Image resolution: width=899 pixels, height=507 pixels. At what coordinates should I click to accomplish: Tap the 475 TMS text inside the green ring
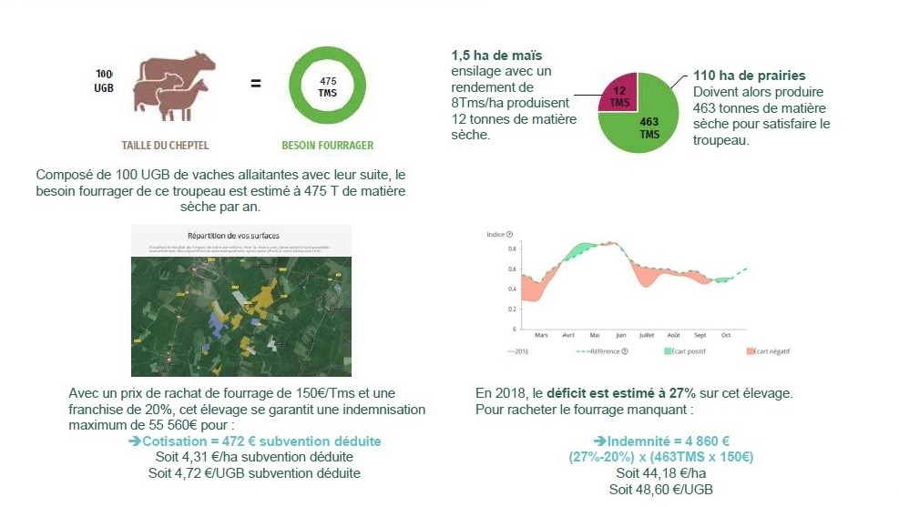point(327,86)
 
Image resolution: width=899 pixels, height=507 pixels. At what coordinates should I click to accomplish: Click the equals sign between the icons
point(256,84)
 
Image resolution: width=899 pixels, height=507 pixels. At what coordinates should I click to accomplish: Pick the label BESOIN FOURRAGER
point(327,145)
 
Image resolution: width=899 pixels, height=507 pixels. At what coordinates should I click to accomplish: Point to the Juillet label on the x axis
point(647,335)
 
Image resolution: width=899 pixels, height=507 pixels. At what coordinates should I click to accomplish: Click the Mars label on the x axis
point(542,335)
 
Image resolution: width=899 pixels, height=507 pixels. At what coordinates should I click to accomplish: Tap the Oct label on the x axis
point(726,335)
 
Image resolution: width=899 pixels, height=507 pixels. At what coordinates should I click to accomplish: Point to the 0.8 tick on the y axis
point(513,248)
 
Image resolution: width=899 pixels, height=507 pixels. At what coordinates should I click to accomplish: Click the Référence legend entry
point(604,351)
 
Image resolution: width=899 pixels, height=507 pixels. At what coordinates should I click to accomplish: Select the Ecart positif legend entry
point(684,351)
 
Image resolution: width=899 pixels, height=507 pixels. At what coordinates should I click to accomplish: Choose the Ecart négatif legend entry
point(768,351)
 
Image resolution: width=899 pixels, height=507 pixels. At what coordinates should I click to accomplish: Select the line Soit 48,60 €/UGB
point(660,489)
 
